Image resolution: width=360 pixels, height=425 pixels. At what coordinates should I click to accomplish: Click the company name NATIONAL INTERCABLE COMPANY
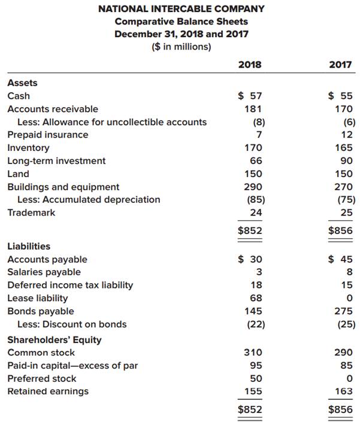[x=181, y=8]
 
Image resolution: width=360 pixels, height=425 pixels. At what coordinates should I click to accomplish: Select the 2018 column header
[x=250, y=64]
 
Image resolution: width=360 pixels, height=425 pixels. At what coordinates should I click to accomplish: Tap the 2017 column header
[x=340, y=64]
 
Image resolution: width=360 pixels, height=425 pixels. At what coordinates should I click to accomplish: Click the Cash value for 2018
[x=250, y=96]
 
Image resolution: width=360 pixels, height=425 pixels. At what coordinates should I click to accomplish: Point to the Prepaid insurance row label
[x=47, y=135]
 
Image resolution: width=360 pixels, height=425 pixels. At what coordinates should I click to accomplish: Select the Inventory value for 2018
[x=254, y=148]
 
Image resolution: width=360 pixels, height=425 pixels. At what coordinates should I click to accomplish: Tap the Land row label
[x=18, y=174]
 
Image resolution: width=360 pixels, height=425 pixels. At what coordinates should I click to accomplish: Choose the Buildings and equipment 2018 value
[x=254, y=187]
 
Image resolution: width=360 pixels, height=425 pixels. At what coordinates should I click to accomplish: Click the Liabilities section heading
[x=29, y=246]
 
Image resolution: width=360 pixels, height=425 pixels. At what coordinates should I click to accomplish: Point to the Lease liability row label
[x=37, y=298]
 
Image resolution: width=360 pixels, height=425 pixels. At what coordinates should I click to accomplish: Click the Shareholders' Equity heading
[x=55, y=339]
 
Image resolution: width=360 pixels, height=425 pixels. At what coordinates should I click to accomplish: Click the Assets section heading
[x=22, y=83]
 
